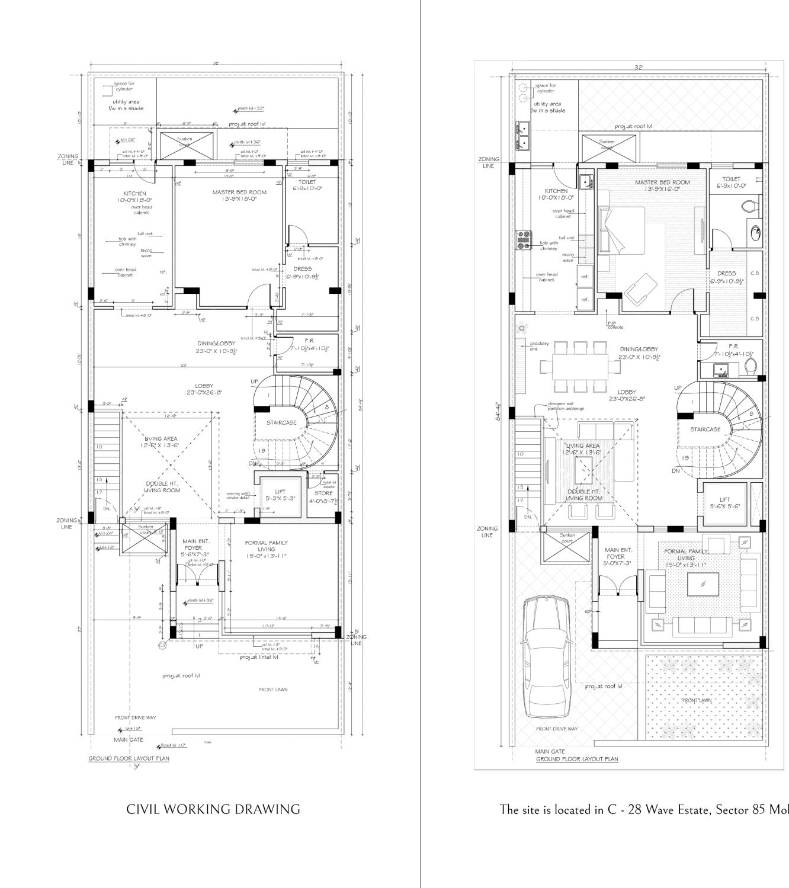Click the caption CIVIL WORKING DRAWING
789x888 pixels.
213,809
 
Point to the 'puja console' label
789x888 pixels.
615,325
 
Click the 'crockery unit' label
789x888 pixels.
539,345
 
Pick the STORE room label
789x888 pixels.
323,493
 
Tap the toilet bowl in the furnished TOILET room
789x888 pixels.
748,206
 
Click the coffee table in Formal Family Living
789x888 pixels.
703,584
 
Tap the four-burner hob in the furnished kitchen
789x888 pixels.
524,239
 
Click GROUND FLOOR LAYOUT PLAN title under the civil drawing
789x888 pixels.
129,758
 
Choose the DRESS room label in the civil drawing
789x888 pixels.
303,269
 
